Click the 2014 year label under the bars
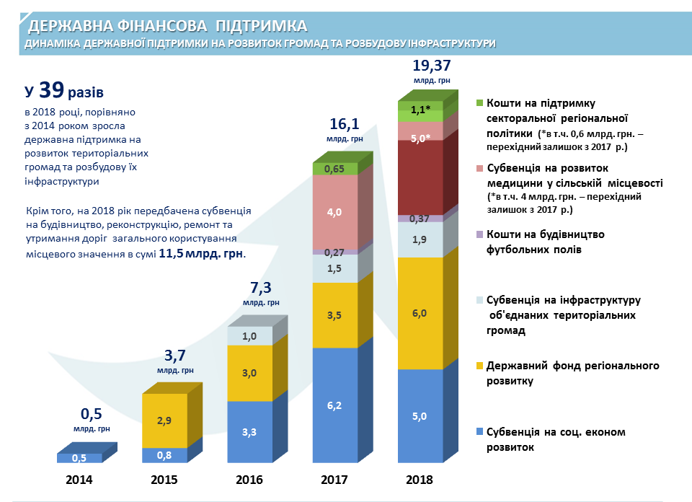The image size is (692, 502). click(79, 479)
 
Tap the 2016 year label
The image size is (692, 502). click(249, 479)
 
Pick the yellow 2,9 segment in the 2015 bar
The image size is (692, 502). click(164, 420)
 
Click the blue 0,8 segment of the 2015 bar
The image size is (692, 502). click(164, 455)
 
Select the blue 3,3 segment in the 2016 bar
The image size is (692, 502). click(249, 432)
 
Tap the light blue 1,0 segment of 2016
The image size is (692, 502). click(249, 336)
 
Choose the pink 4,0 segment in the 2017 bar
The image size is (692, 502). click(334, 212)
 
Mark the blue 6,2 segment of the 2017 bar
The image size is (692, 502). click(334, 406)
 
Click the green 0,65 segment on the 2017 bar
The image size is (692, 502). click(334, 169)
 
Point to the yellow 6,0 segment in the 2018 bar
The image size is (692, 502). click(420, 312)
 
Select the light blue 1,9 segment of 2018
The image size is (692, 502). click(420, 239)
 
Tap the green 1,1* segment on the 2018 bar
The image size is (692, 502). click(420, 110)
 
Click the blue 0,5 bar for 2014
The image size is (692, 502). click(79, 458)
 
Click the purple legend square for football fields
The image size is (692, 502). click(480, 234)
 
